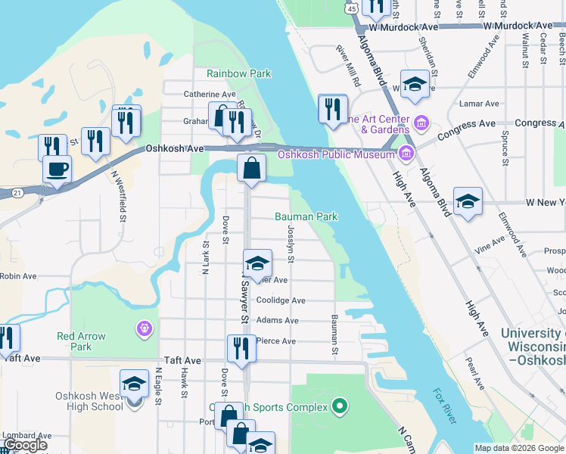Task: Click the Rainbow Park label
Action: click(238, 74)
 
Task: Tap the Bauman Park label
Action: click(306, 216)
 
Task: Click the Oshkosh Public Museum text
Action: click(337, 154)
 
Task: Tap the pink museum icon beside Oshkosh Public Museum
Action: click(406, 154)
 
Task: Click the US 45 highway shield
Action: click(352, 8)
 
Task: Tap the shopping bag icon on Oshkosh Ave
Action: click(251, 166)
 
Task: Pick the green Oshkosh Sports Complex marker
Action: click(340, 407)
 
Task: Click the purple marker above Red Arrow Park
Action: click(145, 328)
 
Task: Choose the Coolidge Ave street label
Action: click(281, 300)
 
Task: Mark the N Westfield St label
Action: click(117, 196)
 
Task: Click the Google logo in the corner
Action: click(26, 445)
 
